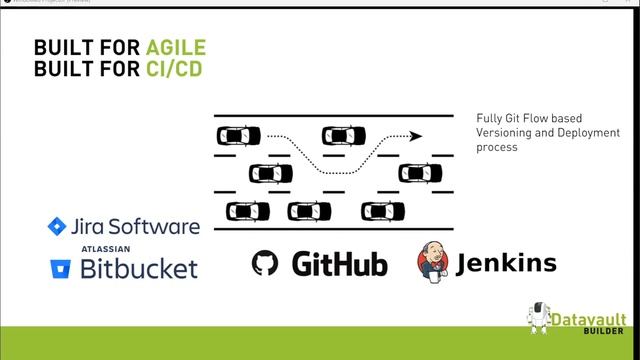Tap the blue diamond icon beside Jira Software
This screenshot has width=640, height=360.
[x=56, y=227]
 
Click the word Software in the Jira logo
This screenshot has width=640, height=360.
[x=158, y=227]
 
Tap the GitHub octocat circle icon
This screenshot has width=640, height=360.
[x=265, y=264]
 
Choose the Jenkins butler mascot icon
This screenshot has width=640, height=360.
[x=433, y=263]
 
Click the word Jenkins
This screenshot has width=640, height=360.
[x=506, y=264]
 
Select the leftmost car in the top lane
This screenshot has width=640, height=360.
[x=239, y=135]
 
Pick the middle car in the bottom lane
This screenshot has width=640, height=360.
[x=309, y=211]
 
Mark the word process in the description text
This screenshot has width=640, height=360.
[x=497, y=147]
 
